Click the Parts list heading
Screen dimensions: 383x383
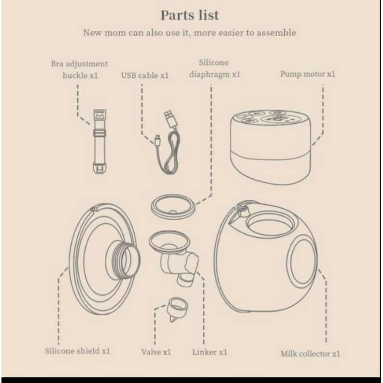click(x=190, y=15)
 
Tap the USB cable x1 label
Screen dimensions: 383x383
click(x=145, y=76)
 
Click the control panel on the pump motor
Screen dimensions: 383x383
click(x=269, y=118)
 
